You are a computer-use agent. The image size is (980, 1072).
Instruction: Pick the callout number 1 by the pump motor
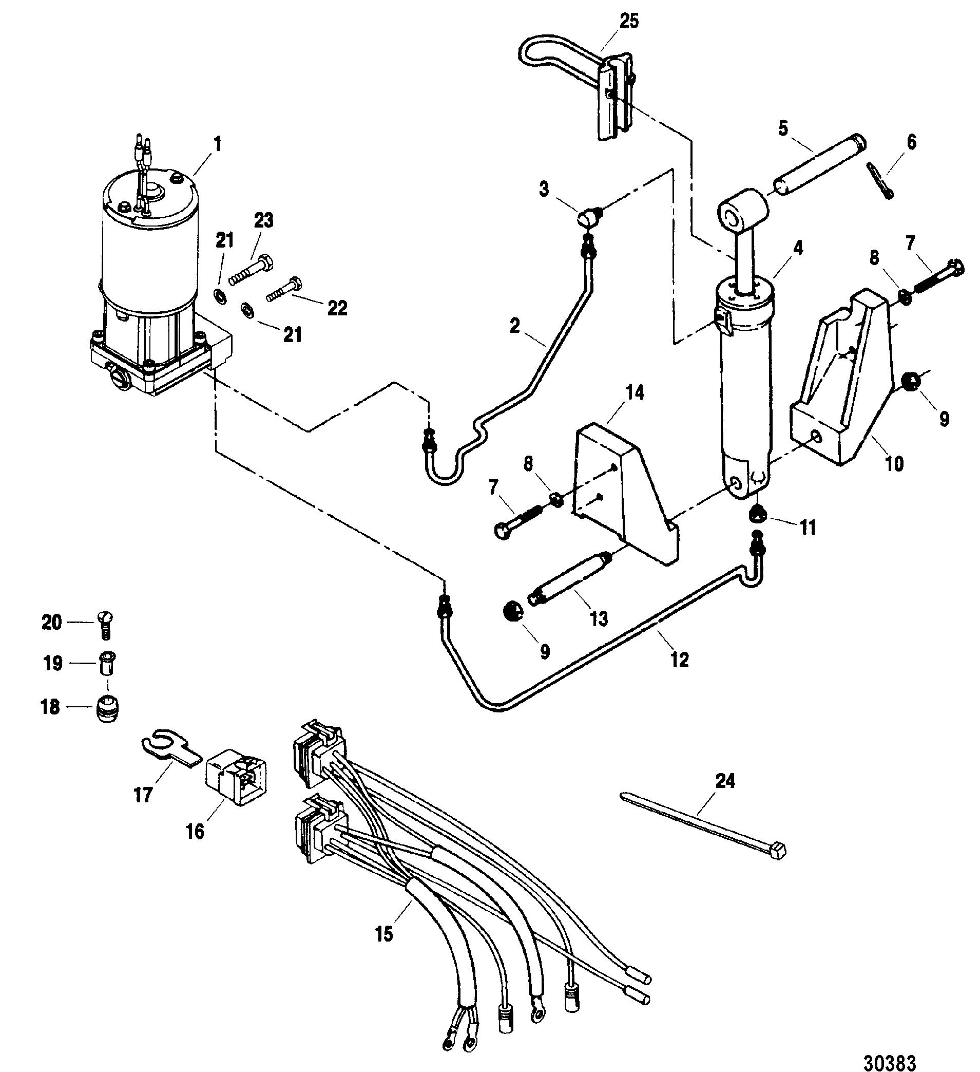[x=217, y=144]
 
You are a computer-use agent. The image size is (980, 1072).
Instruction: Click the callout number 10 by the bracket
[x=895, y=463]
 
